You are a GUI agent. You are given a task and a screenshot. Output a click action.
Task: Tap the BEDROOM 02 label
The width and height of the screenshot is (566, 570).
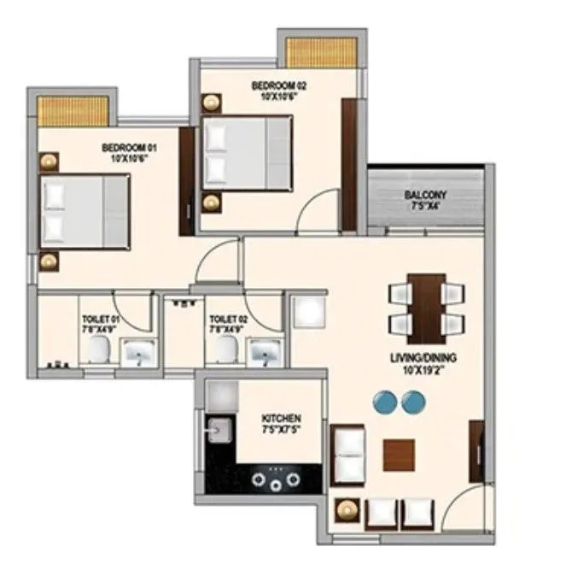click(x=278, y=85)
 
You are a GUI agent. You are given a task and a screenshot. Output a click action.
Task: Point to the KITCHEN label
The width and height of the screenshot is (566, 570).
click(x=281, y=419)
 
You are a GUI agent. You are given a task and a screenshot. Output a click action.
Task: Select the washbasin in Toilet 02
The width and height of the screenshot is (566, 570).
click(x=262, y=351)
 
